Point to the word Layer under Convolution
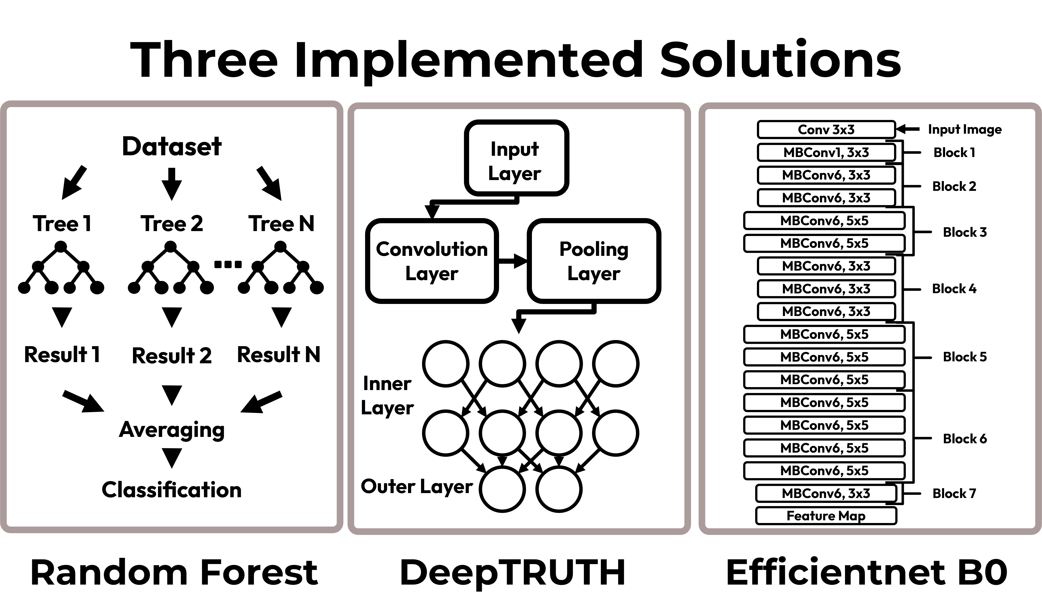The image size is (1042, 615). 432,274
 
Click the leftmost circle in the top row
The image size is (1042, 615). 446,364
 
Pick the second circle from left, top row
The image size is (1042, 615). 502,364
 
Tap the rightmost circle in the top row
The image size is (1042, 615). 616,364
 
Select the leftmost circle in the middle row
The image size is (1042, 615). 446,433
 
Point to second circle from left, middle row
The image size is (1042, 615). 502,433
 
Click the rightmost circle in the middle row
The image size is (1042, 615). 616,433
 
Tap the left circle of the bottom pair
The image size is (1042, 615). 502,489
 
